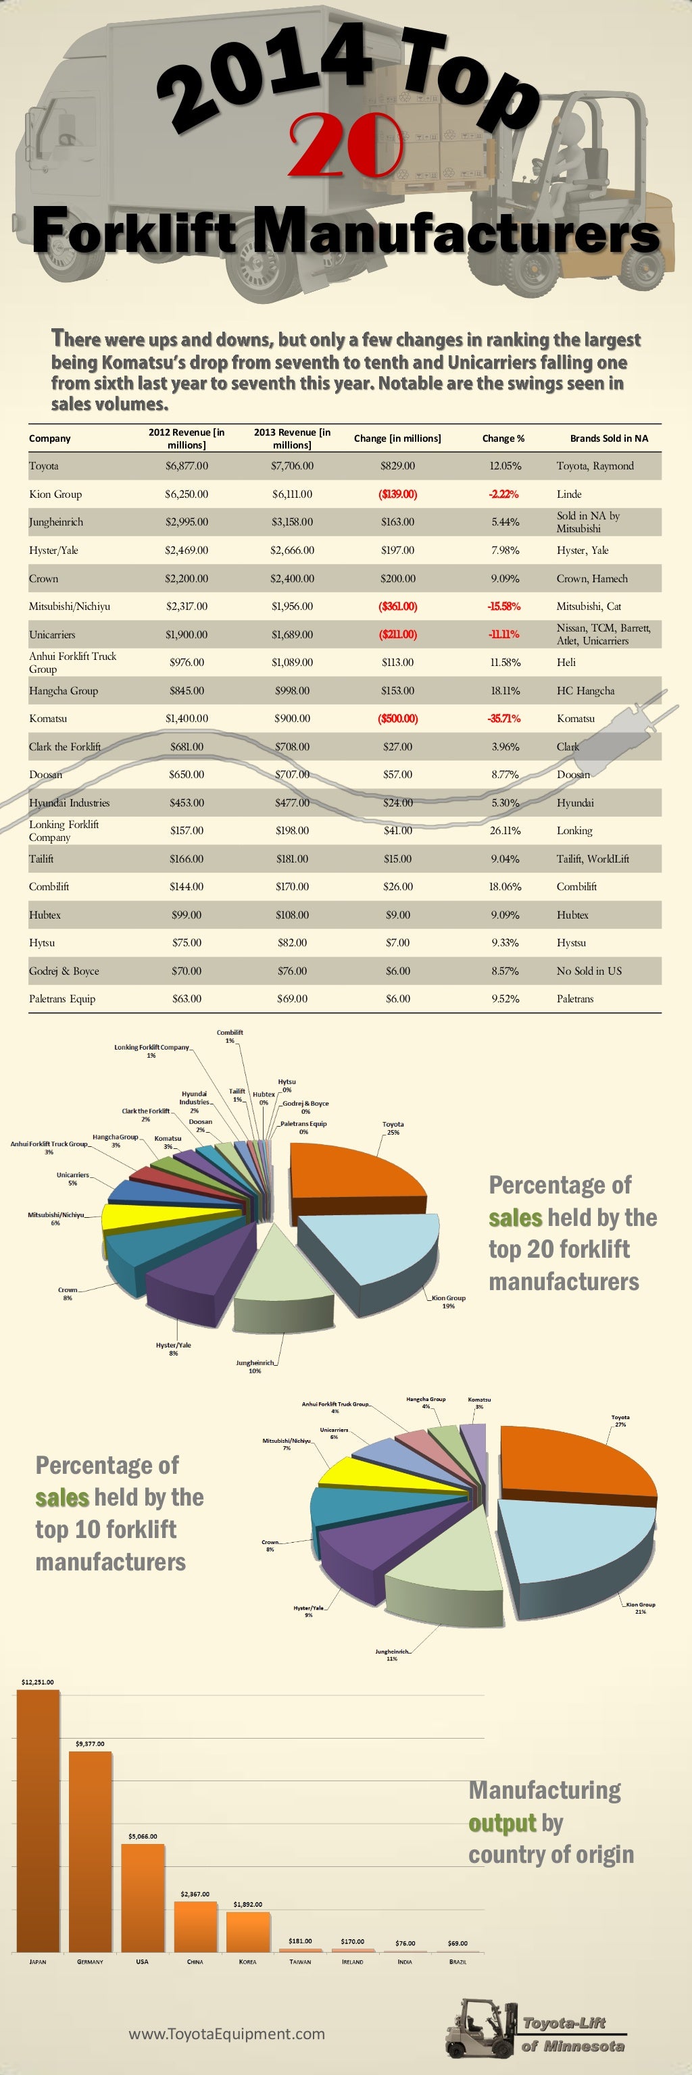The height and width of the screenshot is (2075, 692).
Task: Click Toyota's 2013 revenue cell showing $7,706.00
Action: [x=292, y=465]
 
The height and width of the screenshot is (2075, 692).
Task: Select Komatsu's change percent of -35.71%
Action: [x=504, y=719]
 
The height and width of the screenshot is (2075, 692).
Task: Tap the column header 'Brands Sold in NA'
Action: [x=608, y=438]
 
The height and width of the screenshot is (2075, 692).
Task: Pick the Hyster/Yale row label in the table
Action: [x=53, y=550]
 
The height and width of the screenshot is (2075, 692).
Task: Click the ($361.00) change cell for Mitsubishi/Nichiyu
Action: [x=397, y=606]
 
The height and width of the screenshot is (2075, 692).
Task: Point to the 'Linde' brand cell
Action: [x=569, y=494]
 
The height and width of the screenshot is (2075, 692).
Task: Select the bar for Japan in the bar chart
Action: [x=38, y=1821]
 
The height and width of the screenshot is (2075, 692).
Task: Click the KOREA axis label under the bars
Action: [x=247, y=1962]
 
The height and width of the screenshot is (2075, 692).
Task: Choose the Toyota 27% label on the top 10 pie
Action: [x=620, y=1420]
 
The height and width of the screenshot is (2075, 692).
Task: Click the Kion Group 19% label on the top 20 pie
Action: [x=448, y=1302]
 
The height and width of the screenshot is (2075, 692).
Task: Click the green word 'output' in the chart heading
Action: [x=502, y=1823]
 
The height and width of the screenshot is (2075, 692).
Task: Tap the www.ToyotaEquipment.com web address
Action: [x=226, y=2033]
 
